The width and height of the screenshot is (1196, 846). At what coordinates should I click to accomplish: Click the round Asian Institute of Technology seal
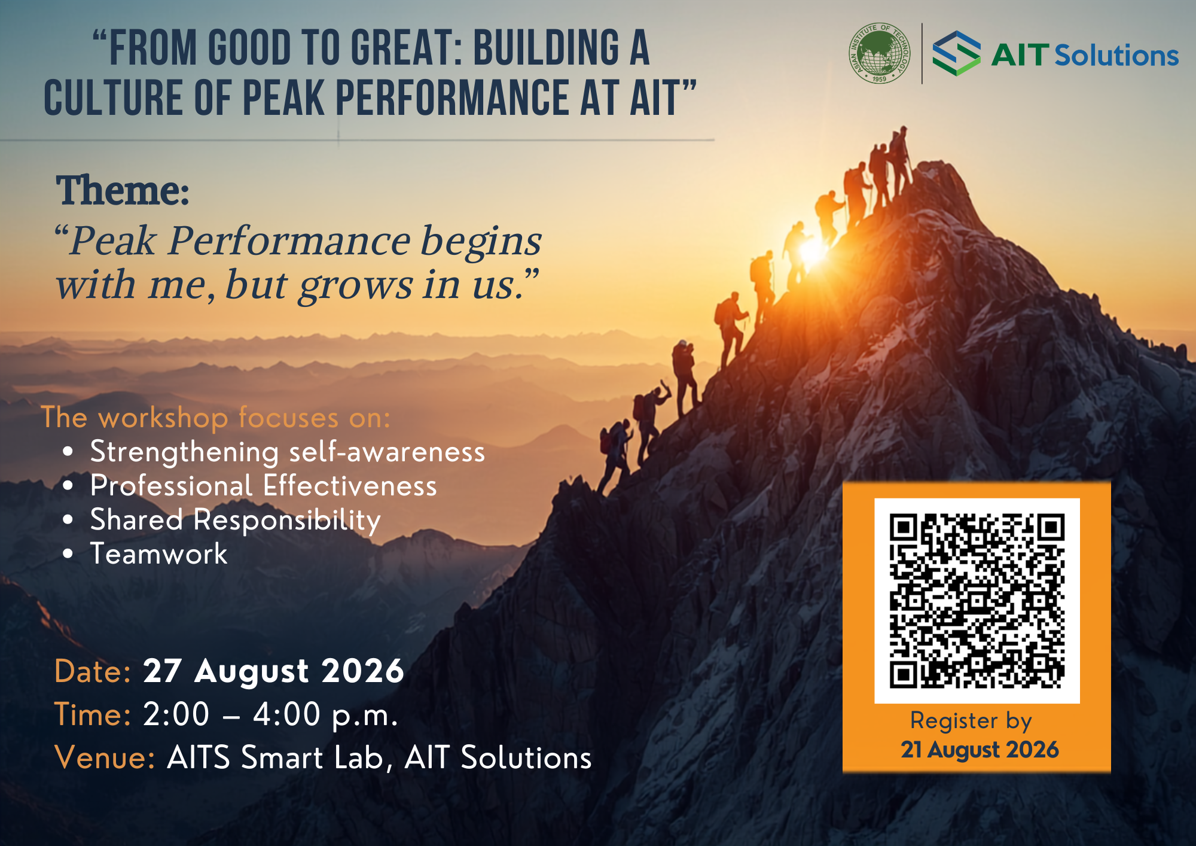click(x=880, y=53)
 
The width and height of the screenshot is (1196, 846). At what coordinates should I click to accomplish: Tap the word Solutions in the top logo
click(x=1116, y=56)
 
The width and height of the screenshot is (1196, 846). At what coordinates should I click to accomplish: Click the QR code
click(x=977, y=601)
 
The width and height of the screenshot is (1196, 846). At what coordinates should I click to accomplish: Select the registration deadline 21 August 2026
click(x=980, y=750)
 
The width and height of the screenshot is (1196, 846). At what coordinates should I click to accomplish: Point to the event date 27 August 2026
click(x=273, y=671)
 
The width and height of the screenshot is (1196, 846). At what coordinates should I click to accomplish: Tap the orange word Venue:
click(x=105, y=757)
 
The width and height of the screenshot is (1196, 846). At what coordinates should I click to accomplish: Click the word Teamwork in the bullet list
click(x=158, y=553)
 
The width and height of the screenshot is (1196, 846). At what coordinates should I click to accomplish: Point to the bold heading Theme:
click(x=123, y=191)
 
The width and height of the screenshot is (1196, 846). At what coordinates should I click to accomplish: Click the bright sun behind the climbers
click(x=812, y=251)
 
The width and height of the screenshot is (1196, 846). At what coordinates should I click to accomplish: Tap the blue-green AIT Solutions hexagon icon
click(x=957, y=53)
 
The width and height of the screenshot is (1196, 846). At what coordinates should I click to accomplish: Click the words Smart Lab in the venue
click(x=312, y=757)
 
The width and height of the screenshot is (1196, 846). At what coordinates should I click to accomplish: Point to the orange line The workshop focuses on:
click(x=215, y=418)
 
